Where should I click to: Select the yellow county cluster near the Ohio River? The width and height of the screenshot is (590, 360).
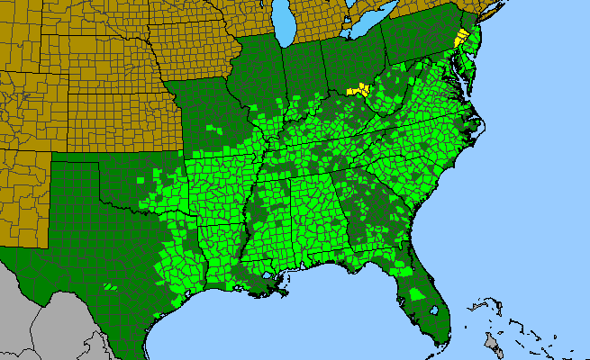361,89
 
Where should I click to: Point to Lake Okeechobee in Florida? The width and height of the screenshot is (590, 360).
434,311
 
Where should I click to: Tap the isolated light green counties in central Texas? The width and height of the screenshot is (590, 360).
109,286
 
